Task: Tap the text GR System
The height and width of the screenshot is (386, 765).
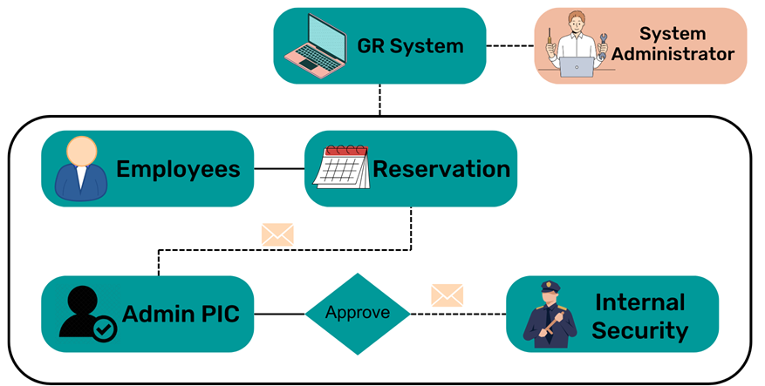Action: (410, 45)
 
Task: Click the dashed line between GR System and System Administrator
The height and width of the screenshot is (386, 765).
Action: (509, 45)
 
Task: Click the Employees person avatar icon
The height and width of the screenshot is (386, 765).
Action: (79, 168)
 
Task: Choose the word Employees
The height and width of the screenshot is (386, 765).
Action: (178, 168)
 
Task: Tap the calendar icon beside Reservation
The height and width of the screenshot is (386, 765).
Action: (341, 166)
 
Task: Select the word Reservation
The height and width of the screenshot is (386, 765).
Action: (441, 168)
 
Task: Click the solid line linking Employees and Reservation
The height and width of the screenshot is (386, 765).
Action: (278, 168)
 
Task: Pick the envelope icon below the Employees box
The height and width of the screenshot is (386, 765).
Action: (277, 234)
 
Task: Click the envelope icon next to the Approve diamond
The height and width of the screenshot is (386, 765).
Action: (447, 295)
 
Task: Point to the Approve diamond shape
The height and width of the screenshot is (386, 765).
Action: (358, 314)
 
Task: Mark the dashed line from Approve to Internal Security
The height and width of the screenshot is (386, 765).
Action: (458, 314)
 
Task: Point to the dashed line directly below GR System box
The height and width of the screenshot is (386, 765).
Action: (380, 99)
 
